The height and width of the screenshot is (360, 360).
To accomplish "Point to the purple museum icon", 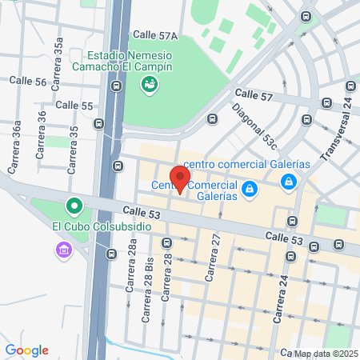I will tap(63, 250).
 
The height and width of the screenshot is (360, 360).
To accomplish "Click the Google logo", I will tap(26, 350).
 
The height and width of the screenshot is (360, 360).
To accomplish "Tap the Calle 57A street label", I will tap(155, 35).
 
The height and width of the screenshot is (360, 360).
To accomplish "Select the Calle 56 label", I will tap(28, 82).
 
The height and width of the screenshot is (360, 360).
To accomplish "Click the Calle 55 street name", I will tap(74, 105).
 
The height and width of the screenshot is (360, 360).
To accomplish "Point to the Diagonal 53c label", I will tap(254, 126).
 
